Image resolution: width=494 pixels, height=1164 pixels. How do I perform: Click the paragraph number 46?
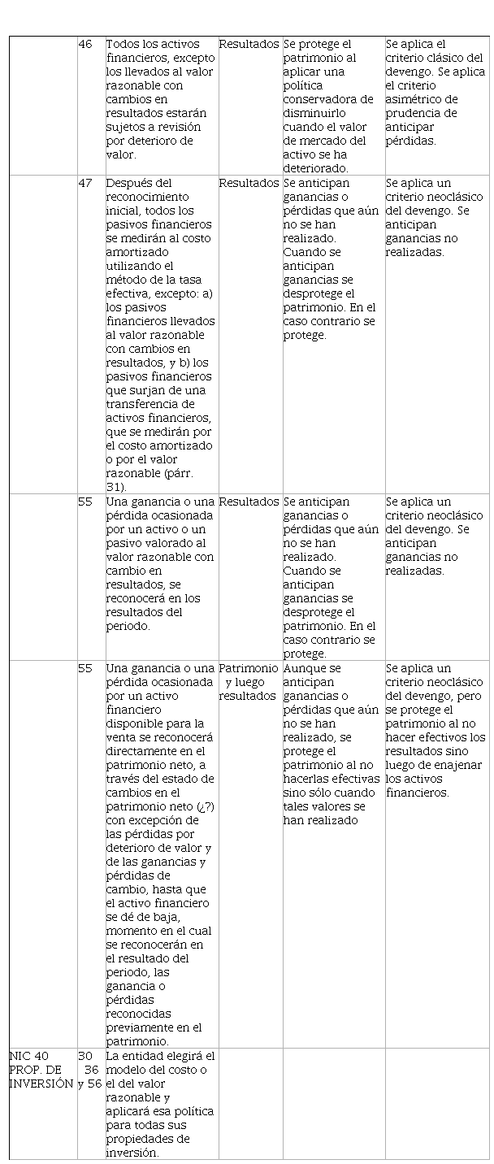point(84,44)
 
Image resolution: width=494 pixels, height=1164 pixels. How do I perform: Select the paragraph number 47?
point(84,183)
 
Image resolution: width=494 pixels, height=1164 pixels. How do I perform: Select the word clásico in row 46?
point(445,58)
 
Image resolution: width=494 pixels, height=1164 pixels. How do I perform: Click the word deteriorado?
point(316,168)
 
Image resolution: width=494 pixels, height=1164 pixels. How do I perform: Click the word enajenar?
point(460,765)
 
